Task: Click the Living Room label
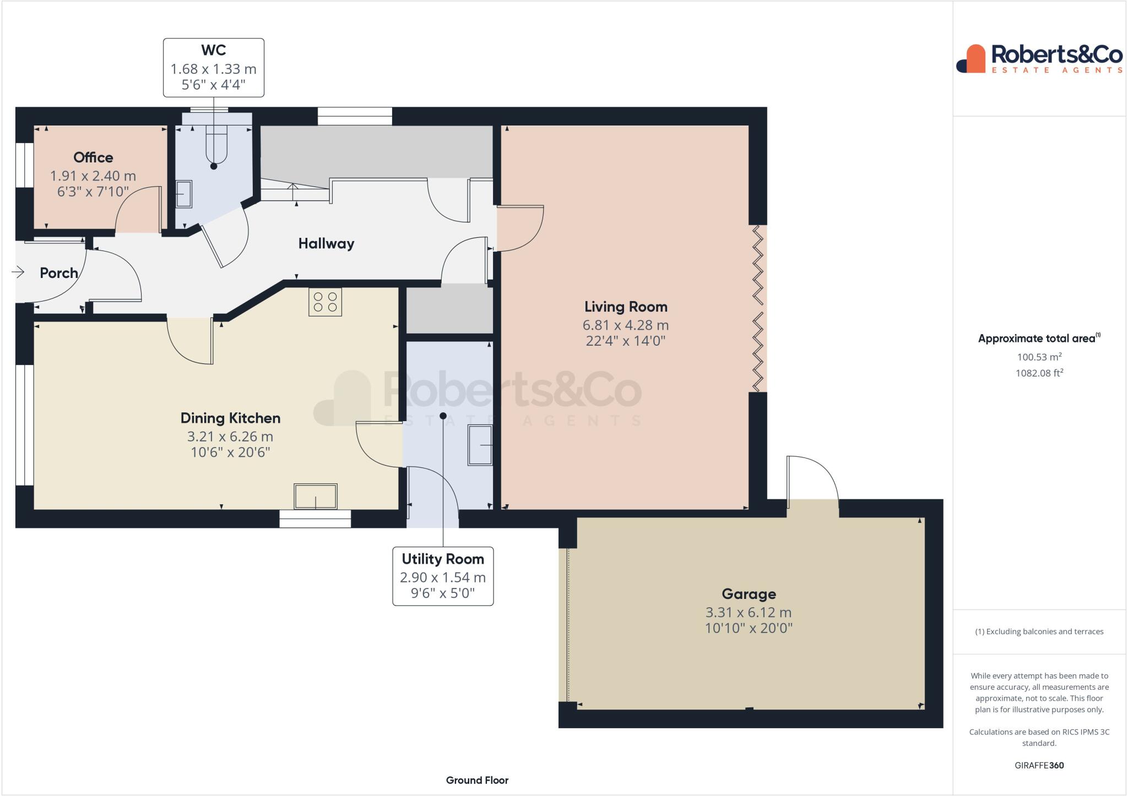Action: (x=626, y=307)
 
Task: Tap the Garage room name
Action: (x=749, y=594)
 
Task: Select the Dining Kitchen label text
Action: (x=230, y=418)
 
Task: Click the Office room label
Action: (x=93, y=157)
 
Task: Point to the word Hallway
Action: (x=326, y=243)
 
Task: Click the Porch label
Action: (x=58, y=273)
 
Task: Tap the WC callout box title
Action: (x=213, y=50)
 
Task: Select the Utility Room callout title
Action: (x=443, y=559)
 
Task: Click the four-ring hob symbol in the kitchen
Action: (x=325, y=302)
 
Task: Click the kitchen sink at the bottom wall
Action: (x=315, y=497)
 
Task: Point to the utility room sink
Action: (x=480, y=445)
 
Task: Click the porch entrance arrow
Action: (x=18, y=272)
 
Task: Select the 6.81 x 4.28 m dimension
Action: (x=626, y=325)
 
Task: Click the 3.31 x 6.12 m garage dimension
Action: (x=749, y=612)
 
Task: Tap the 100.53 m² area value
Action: (x=1039, y=357)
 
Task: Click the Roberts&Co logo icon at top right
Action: (x=971, y=59)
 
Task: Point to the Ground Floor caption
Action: (x=477, y=780)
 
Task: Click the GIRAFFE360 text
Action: (x=1039, y=765)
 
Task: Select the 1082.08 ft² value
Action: (x=1039, y=373)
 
